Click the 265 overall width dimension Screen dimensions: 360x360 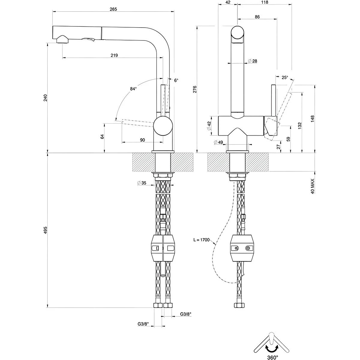click(x=113, y=9)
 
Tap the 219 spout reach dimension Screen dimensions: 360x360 click(x=114, y=55)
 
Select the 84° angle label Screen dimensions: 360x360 click(x=133, y=89)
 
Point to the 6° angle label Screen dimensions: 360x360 click(x=176, y=80)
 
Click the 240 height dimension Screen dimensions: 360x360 click(x=45, y=98)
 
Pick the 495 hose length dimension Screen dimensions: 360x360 click(x=45, y=230)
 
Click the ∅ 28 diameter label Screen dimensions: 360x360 click(x=253, y=61)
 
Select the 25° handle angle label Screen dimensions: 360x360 click(x=285, y=77)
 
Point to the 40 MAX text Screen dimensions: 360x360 click(x=313, y=186)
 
